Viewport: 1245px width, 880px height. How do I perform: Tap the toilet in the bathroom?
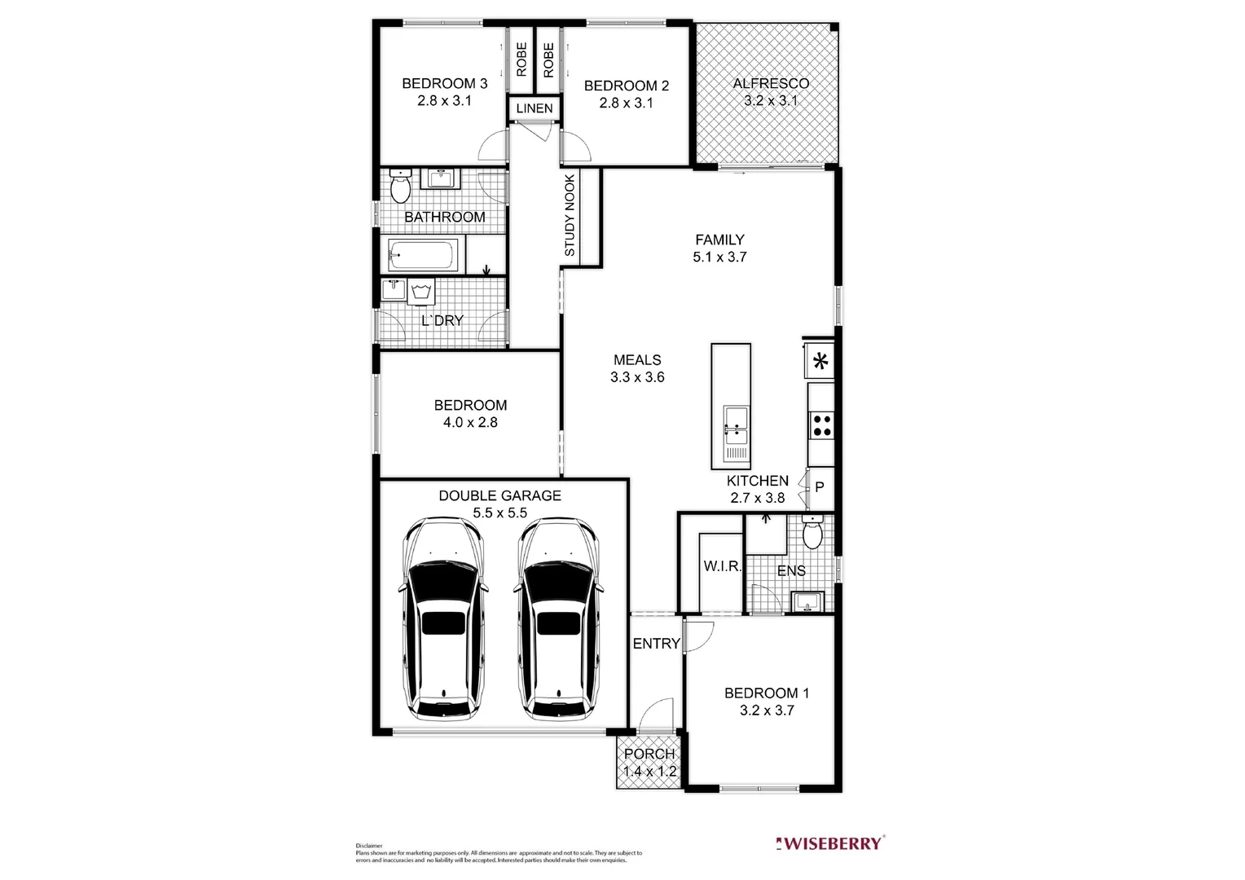click(400, 188)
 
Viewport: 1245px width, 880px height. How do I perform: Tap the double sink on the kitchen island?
click(736, 419)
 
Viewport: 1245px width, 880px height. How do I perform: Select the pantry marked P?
click(820, 488)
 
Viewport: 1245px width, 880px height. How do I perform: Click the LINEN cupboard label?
click(535, 108)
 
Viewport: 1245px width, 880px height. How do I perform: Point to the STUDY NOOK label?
click(570, 216)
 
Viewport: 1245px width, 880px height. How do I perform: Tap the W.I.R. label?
click(722, 566)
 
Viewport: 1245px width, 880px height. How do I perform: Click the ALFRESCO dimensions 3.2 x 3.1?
click(770, 101)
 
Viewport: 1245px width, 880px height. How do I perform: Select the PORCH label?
click(649, 754)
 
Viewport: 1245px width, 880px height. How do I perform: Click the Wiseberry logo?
click(829, 843)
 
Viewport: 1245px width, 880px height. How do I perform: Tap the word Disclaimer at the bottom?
click(369, 846)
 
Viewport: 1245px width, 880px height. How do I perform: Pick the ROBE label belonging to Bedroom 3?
click(521, 59)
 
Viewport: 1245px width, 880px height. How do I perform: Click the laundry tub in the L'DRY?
click(421, 292)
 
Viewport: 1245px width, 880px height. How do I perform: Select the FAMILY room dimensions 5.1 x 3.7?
click(719, 257)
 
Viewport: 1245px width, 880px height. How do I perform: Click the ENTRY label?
click(656, 644)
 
